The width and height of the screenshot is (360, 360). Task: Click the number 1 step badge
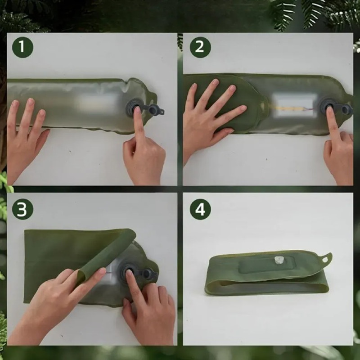tap(22, 47)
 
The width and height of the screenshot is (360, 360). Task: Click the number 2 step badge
tap(200, 47)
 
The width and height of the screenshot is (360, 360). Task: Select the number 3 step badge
tap(22, 209)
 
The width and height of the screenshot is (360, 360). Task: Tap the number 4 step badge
tap(200, 209)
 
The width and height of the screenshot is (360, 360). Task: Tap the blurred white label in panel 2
tap(295, 105)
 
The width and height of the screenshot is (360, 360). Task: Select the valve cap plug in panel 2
tap(346, 110)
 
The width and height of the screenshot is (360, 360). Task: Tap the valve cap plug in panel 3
tap(149, 274)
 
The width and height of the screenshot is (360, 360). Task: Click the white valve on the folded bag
tap(279, 260)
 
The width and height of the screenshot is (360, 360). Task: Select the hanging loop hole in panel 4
tap(325, 260)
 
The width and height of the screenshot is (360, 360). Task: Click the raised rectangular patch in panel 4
tap(267, 264)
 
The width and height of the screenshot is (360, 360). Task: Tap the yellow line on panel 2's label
tap(290, 108)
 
